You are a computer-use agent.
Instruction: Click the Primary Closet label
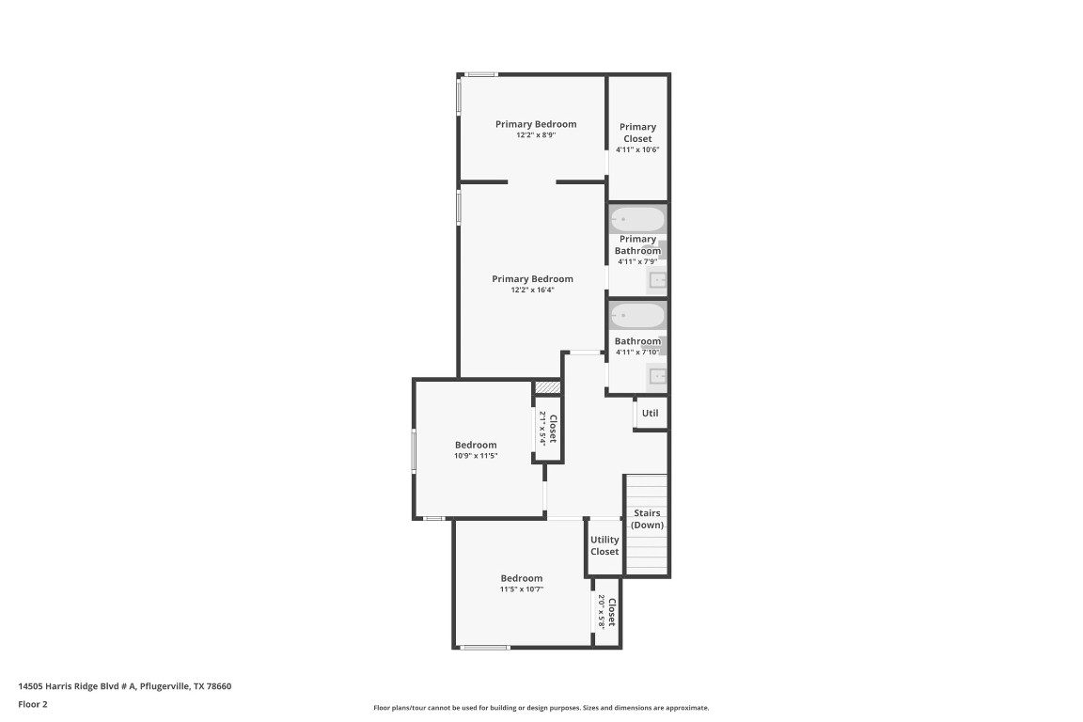pos(637,133)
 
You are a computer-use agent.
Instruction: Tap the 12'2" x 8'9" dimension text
pos(536,135)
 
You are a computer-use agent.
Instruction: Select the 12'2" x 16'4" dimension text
pos(532,290)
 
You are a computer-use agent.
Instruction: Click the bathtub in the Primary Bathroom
pos(637,220)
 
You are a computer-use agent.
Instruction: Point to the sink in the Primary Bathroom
pos(658,279)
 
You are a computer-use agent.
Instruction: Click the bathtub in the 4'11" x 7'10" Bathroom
pos(637,315)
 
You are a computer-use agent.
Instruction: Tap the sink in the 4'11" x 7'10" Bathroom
pos(657,377)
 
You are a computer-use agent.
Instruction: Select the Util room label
pos(650,413)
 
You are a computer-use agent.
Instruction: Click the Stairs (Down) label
pos(647,519)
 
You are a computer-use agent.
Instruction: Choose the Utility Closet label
pos(604,545)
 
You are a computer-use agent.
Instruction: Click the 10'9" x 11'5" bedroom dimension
pos(476,456)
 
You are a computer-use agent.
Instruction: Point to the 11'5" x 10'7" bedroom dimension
pos(521,589)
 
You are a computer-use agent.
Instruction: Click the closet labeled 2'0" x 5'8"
pos(606,614)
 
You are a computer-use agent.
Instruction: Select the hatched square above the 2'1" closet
pos(547,387)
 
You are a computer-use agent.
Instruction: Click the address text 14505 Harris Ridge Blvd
pos(125,686)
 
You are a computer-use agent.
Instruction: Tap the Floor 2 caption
pos(33,704)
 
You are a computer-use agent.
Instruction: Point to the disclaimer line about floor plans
pos(541,708)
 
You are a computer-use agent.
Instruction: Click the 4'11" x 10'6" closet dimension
pos(637,149)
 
